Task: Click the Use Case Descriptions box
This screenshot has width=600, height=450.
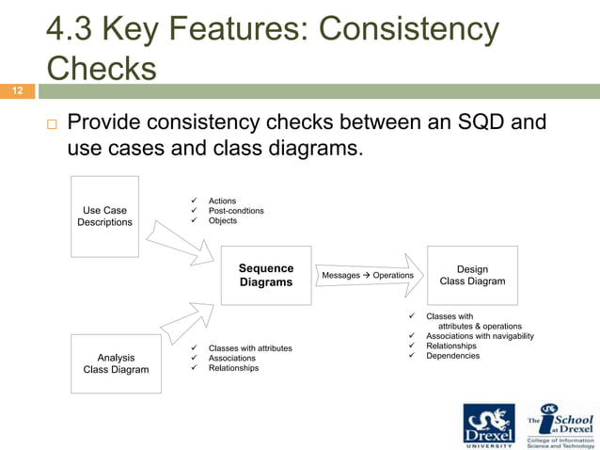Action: coord(104,217)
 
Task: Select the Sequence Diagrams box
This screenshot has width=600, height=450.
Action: coord(266,275)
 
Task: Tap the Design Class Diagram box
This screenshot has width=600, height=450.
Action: coord(472,275)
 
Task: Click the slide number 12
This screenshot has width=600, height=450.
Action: coord(16,91)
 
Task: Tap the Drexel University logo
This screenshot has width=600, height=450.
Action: coord(490,424)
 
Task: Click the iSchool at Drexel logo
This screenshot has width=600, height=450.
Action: coord(560,424)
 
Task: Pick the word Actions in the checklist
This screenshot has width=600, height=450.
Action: coord(222,201)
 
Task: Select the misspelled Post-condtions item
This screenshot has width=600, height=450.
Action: coord(236,211)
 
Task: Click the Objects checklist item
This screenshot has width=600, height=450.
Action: coord(223,221)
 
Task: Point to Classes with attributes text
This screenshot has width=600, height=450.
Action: coord(250,348)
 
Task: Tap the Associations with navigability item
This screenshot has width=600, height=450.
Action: coord(480,336)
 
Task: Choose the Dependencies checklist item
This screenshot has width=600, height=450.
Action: coord(452,356)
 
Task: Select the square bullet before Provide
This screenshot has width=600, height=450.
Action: coord(50,124)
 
